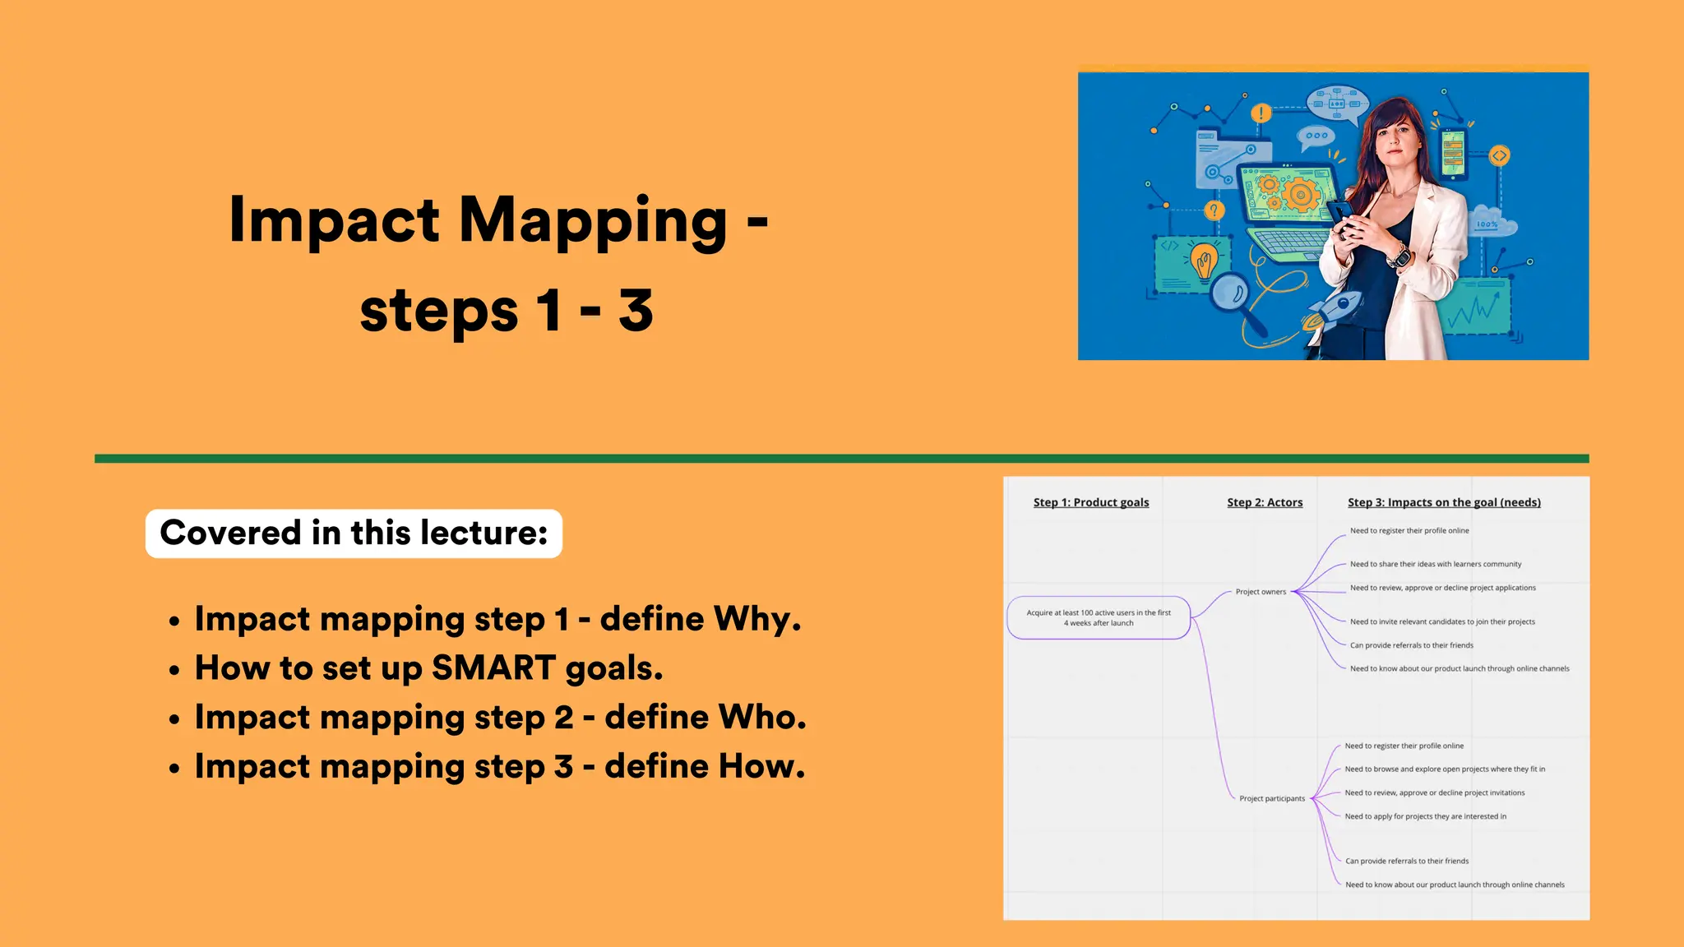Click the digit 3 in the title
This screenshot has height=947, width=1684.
click(636, 312)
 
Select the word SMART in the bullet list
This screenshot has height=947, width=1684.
click(493, 668)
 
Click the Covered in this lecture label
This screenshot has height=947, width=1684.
click(354, 533)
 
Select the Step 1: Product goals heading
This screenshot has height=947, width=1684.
click(1090, 502)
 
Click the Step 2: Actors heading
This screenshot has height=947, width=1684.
click(1264, 502)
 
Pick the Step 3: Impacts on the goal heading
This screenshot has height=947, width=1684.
click(1443, 502)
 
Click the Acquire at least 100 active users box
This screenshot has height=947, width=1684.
click(1098, 617)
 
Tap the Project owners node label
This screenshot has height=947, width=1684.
click(1260, 592)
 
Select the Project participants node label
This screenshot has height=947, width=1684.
click(1271, 798)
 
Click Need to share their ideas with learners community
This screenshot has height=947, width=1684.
click(1435, 564)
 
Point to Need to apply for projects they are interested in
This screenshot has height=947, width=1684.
click(1425, 816)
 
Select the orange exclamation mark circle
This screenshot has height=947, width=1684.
click(1261, 113)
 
